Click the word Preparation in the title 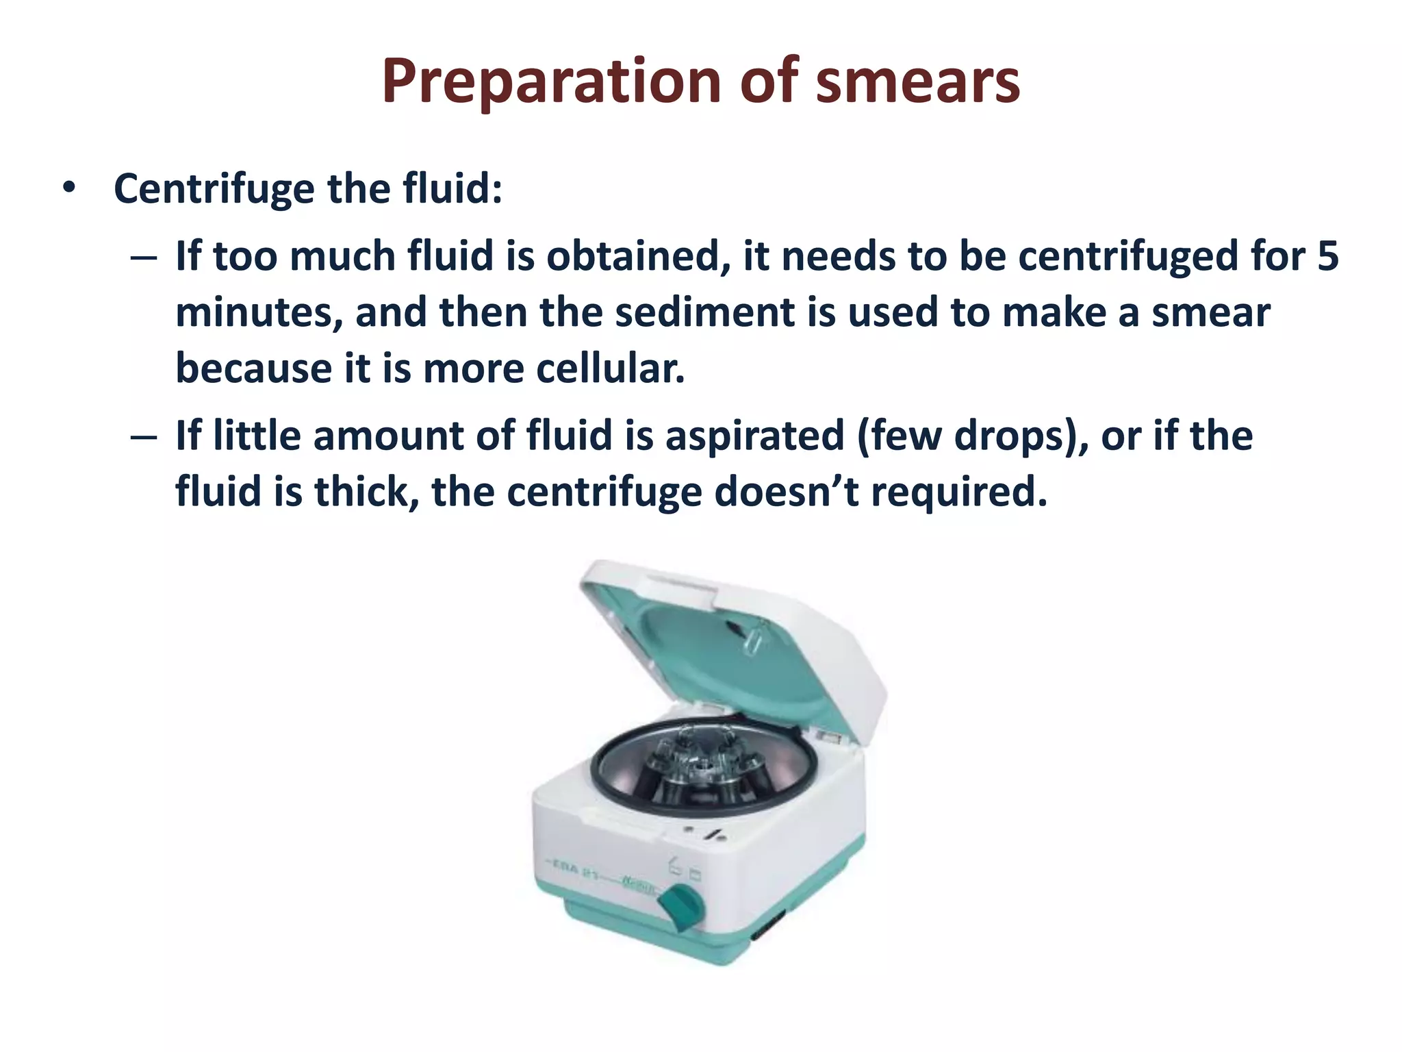click(x=552, y=82)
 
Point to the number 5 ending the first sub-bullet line click(x=1327, y=256)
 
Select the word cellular click(x=610, y=368)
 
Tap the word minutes click(x=259, y=312)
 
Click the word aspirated click(x=754, y=436)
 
